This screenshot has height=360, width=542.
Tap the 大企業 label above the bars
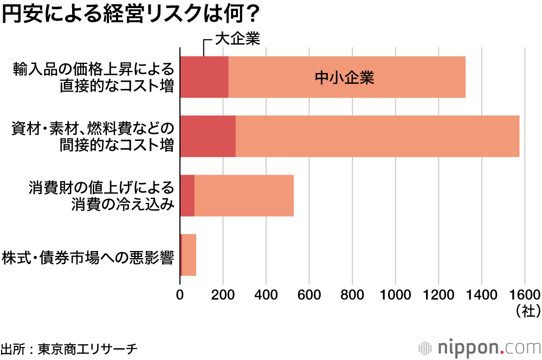pyautogui.click(x=238, y=39)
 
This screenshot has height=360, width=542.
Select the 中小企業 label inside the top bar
pyautogui.click(x=345, y=78)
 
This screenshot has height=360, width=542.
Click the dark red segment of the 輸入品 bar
pyautogui.click(x=204, y=77)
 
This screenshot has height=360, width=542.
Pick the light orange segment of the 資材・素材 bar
pyautogui.click(x=377, y=136)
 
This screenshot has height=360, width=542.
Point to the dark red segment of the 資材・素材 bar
pyautogui.click(x=208, y=136)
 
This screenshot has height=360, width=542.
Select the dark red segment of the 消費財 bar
pyautogui.click(x=187, y=196)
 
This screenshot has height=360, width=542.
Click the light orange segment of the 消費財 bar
pyautogui.click(x=244, y=196)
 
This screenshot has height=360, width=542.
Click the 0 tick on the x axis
pyautogui.click(x=180, y=295)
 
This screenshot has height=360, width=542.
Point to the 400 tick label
pyautogui.click(x=266, y=295)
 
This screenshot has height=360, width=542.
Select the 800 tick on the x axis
pyautogui.click(x=352, y=295)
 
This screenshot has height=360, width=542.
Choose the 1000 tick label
pyautogui.click(x=396, y=295)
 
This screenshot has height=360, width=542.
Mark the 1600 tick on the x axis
pyautogui.click(x=525, y=295)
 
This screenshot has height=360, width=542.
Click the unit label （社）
pyautogui.click(x=525, y=311)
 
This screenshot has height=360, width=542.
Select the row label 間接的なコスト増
pyautogui.click(x=117, y=145)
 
